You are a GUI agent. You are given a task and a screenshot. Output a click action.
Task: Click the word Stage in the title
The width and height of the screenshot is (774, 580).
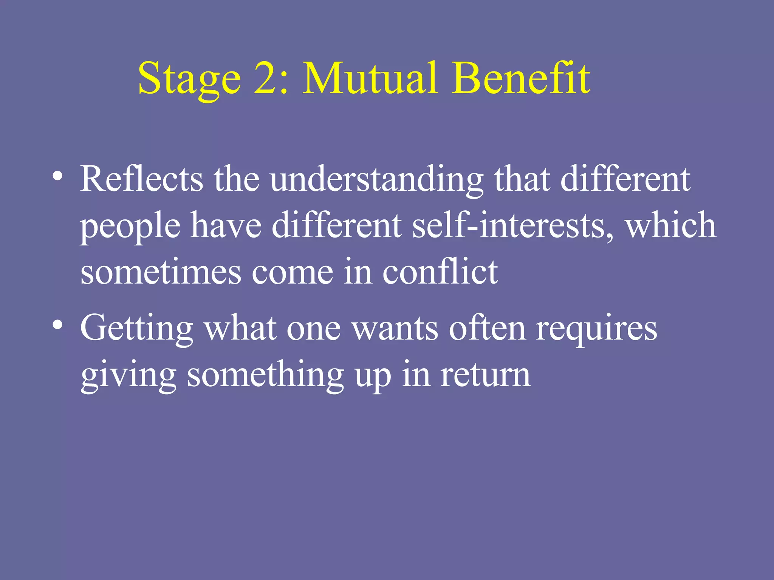click(189, 79)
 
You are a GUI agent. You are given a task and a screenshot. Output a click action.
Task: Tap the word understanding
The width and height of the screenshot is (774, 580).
click(376, 179)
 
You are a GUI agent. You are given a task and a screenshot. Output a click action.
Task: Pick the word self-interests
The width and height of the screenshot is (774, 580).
click(512, 225)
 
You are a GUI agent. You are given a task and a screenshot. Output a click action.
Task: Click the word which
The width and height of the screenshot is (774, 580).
click(671, 225)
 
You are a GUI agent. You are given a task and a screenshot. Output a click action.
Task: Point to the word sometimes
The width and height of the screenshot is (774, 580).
click(161, 273)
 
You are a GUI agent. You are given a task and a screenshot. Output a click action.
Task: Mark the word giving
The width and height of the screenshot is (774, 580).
click(128, 376)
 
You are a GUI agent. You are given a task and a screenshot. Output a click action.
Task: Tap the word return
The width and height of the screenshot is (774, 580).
click(486, 376)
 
